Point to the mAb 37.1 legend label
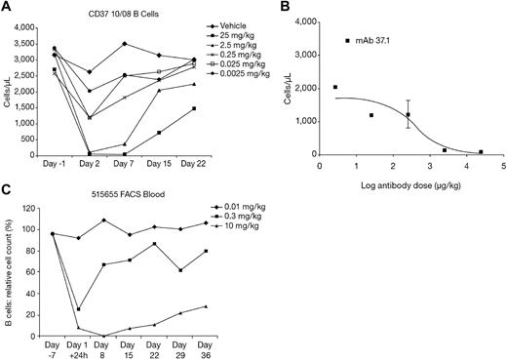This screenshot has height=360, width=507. click(x=375, y=40)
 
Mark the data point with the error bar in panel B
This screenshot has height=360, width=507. click(x=408, y=114)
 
